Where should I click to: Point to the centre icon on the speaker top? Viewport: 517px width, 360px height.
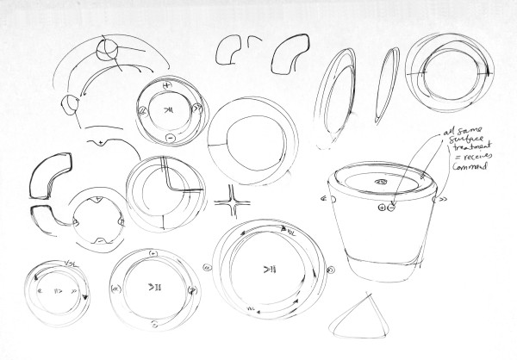coord(380,183)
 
